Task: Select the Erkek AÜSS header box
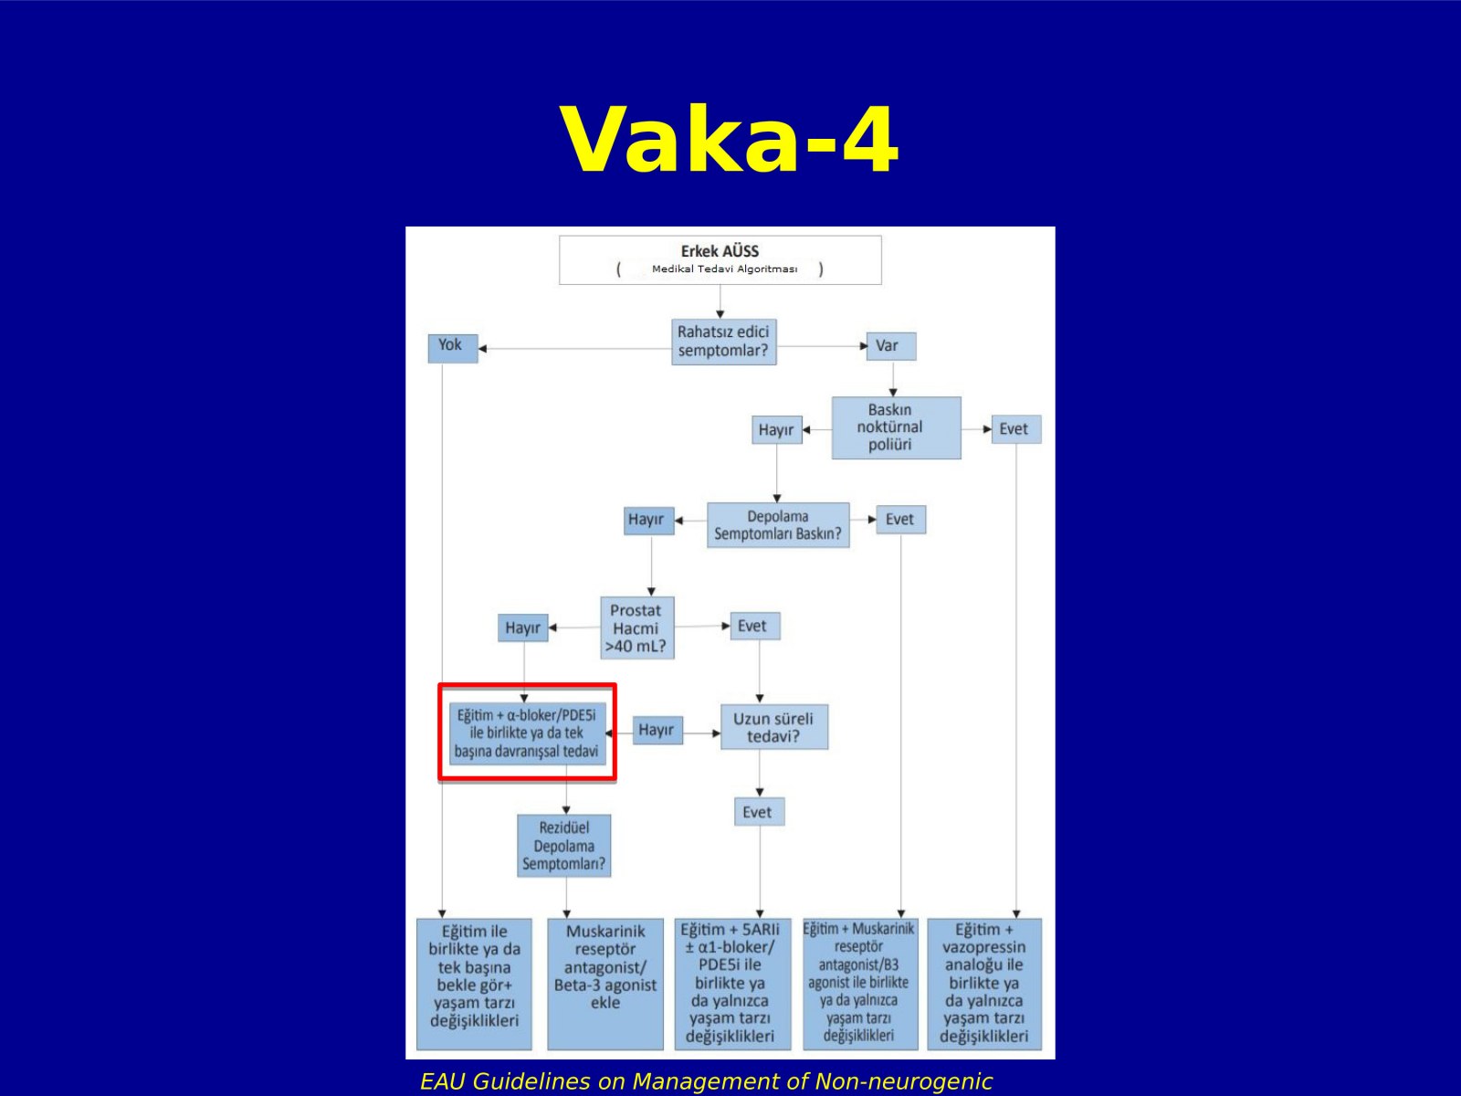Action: click(x=720, y=260)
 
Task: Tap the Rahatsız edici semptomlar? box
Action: click(x=723, y=342)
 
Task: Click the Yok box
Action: click(x=453, y=348)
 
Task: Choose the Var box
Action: click(x=891, y=346)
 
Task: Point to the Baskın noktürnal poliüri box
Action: click(x=896, y=427)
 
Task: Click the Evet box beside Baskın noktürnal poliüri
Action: click(x=1016, y=429)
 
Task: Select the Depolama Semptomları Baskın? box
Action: click(x=778, y=525)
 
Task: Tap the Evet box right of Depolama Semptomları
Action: click(x=901, y=520)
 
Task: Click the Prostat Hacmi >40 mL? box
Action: click(x=637, y=627)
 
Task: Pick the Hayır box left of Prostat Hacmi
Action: click(x=523, y=627)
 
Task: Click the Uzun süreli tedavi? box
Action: click(x=774, y=727)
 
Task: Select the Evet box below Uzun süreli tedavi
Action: click(x=760, y=812)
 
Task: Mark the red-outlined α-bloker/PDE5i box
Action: click(x=527, y=732)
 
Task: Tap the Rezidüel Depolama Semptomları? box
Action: click(x=564, y=845)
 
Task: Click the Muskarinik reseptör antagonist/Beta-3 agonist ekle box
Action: click(x=605, y=984)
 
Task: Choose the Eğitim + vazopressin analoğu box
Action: click(x=984, y=984)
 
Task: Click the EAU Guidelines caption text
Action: click(x=706, y=1081)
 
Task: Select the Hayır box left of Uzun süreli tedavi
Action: click(x=657, y=730)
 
